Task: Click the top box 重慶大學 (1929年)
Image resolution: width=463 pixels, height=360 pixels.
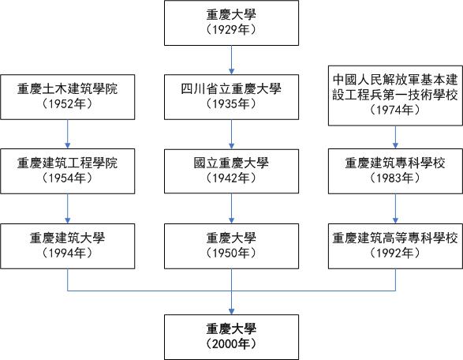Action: click(231, 22)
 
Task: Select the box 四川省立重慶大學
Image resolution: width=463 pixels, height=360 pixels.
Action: click(231, 96)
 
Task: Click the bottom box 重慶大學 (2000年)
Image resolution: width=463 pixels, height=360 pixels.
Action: click(231, 335)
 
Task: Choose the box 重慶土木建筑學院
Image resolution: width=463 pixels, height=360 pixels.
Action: click(67, 96)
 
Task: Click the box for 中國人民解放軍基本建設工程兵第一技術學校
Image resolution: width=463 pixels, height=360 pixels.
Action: click(395, 96)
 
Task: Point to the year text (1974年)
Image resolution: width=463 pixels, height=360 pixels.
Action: click(395, 111)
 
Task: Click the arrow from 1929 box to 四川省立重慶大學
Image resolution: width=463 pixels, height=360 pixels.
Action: click(231, 59)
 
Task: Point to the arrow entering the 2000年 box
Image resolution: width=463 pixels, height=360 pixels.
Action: click(231, 304)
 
